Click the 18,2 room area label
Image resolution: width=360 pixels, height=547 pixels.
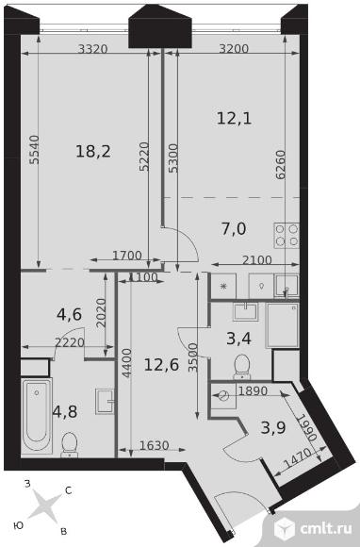tap(93, 152)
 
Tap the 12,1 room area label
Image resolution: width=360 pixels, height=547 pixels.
tap(235, 119)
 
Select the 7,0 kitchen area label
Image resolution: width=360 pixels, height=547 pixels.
tap(234, 229)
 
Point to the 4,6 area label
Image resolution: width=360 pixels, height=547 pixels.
tap(69, 314)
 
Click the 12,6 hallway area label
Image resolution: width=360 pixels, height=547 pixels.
tap(161, 365)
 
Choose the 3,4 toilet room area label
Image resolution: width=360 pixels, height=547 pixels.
tap(239, 339)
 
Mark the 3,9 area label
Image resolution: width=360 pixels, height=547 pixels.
tap(273, 427)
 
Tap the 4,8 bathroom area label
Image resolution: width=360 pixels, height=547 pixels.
tap(65, 411)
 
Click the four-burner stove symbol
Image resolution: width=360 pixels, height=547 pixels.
tap(286, 236)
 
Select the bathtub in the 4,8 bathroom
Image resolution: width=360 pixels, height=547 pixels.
tap(37, 416)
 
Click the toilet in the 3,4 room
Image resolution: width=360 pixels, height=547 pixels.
tap(241, 367)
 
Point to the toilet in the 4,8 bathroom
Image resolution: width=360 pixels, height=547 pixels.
tap(69, 444)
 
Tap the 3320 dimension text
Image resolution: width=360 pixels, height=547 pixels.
tap(92, 49)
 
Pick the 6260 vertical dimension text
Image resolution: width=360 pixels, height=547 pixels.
tap(280, 165)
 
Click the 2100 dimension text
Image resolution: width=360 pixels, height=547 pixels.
tap(257, 260)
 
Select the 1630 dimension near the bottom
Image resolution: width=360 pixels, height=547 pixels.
tap(154, 445)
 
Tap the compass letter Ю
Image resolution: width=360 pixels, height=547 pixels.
tap(19, 525)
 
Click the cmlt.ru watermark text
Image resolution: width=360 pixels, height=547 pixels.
tap(325, 528)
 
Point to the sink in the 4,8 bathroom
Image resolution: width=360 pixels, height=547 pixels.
tap(105, 401)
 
